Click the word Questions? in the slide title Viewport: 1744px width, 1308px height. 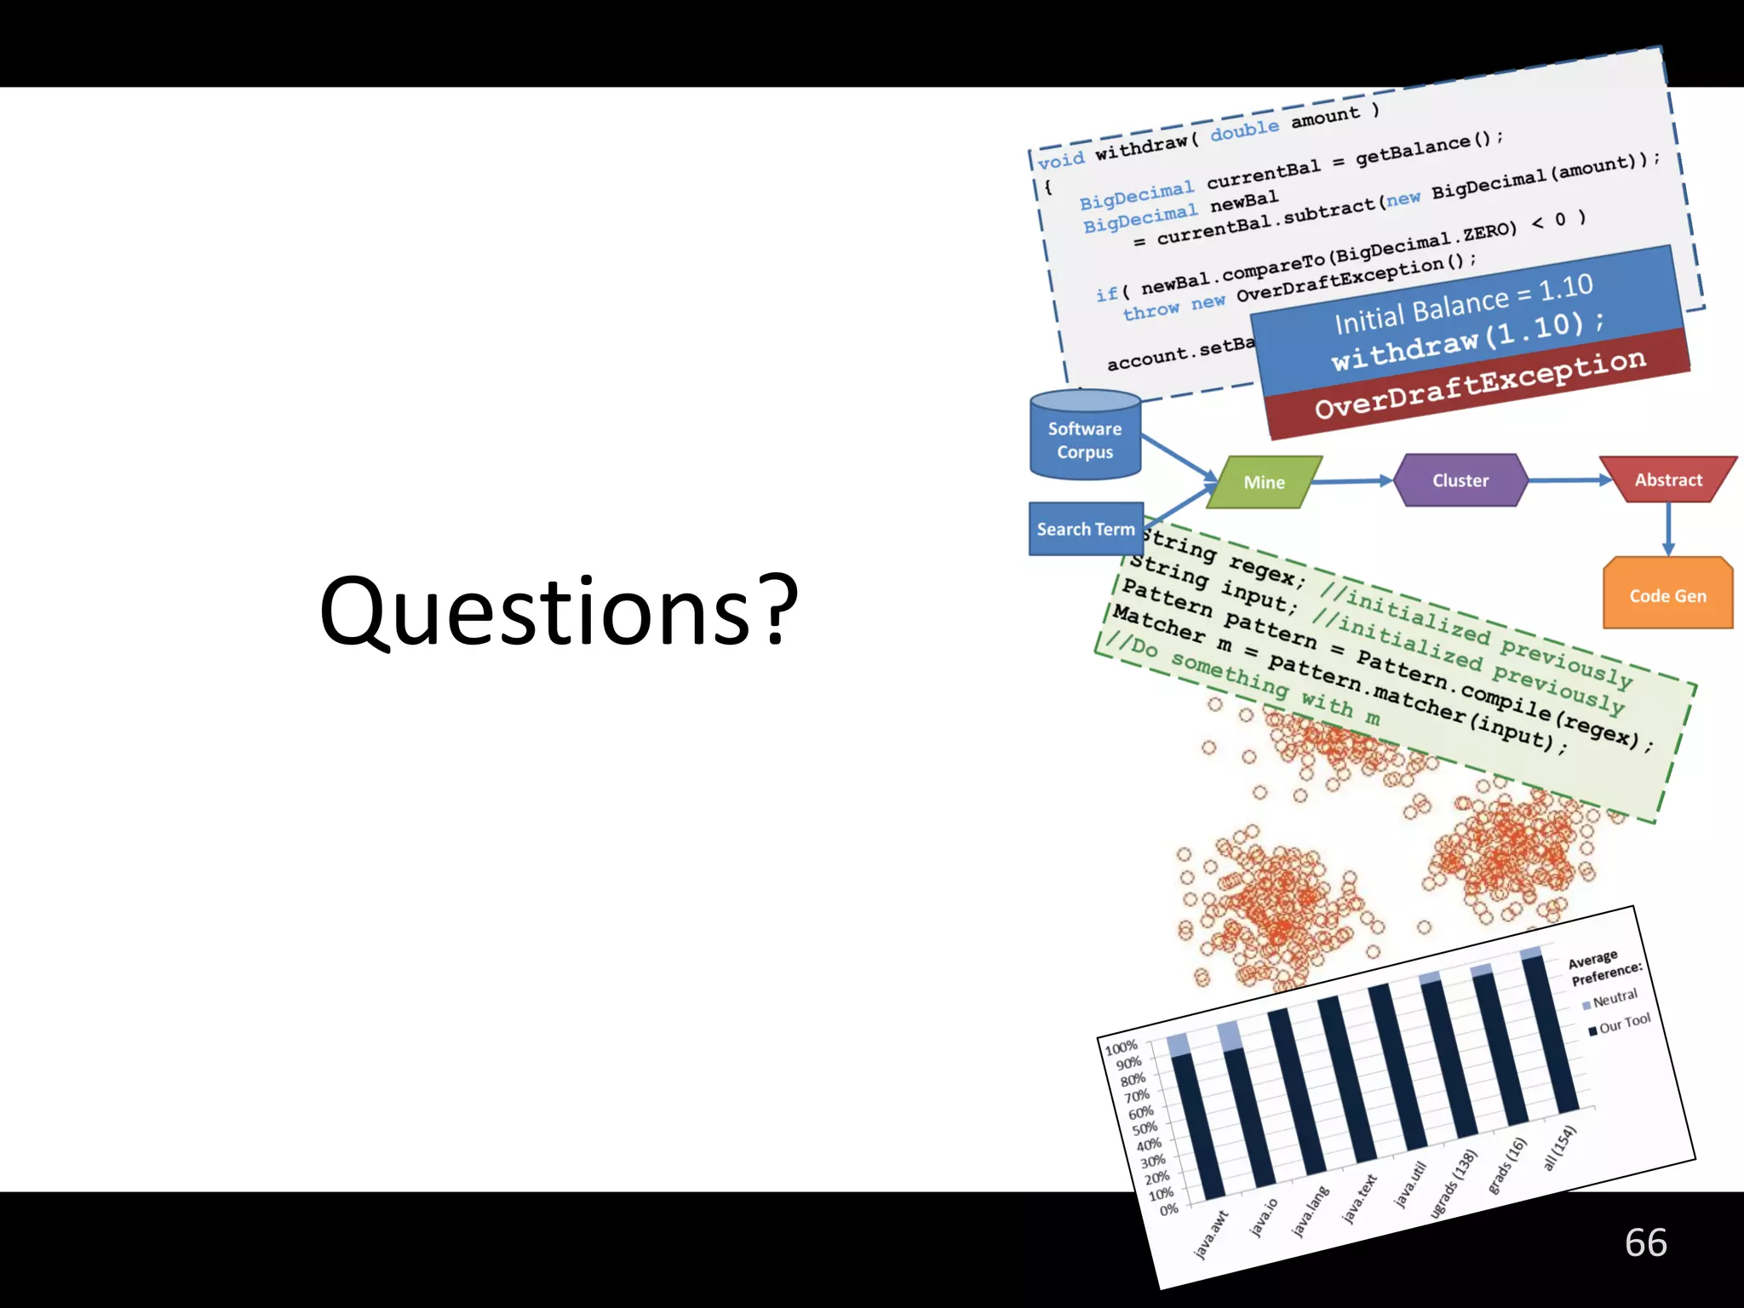pyautogui.click(x=559, y=611)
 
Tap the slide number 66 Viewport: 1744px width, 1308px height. pyautogui.click(x=1645, y=1242)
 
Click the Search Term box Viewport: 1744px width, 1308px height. pyautogui.click(x=1086, y=529)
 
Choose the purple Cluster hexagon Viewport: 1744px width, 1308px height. pyautogui.click(x=1460, y=480)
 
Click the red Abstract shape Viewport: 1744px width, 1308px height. pyautogui.click(x=1667, y=479)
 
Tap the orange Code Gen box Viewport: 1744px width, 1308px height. pyautogui.click(x=1667, y=595)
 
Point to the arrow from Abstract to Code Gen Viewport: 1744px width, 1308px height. pyautogui.click(x=1667, y=529)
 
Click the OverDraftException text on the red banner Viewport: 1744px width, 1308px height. pyautogui.click(x=1480, y=384)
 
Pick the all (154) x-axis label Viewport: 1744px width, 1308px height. pyautogui.click(x=1560, y=1147)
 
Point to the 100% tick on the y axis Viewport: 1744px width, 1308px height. pyautogui.click(x=1121, y=1047)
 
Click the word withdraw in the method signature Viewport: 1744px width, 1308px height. pyautogui.click(x=1141, y=146)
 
